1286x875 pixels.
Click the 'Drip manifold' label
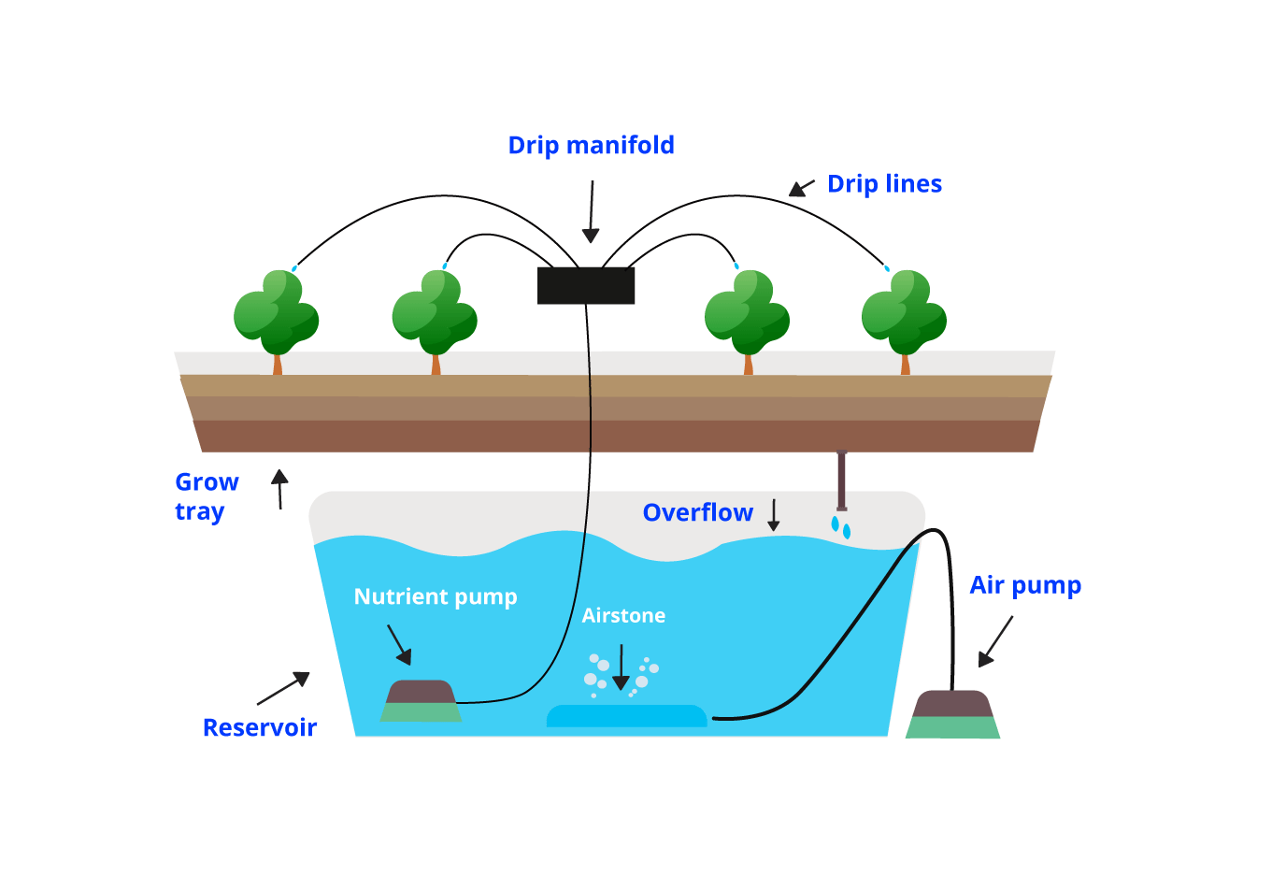[x=591, y=146]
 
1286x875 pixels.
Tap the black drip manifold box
[x=586, y=285]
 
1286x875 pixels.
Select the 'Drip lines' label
[x=884, y=184]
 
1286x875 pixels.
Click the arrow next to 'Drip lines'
[x=801, y=188]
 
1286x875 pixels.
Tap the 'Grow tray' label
[x=207, y=496]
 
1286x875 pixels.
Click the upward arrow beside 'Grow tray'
[x=279, y=489]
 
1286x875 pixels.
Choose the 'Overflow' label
[x=697, y=513]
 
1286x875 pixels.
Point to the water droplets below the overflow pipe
[x=841, y=527]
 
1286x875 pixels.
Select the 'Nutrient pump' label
[x=436, y=597]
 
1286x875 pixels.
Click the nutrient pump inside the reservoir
[x=421, y=701]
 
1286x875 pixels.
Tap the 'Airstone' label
[x=623, y=616]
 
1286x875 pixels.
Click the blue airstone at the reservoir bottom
[x=626, y=716]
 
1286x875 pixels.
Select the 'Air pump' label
[x=1025, y=586]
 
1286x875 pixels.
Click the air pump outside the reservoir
[x=952, y=714]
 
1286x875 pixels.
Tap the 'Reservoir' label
[x=260, y=728]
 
